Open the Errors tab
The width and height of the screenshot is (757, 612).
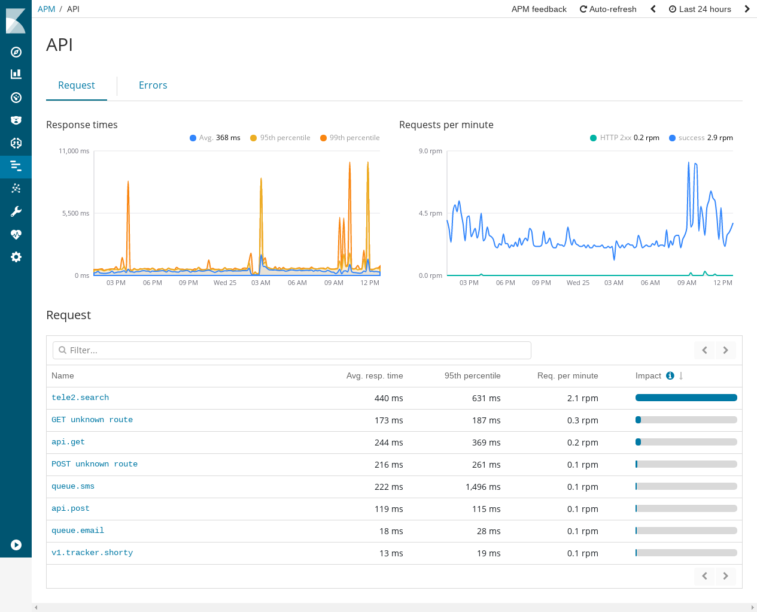click(x=153, y=85)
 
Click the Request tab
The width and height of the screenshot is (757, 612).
click(x=76, y=85)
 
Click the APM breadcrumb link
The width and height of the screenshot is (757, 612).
click(x=46, y=9)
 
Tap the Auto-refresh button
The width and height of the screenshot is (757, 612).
click(x=608, y=9)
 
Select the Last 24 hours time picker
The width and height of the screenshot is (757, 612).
click(x=700, y=9)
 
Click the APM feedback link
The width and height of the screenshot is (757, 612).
click(x=539, y=9)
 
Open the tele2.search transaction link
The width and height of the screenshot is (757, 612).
click(x=80, y=398)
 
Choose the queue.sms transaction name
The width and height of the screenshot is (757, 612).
click(x=73, y=486)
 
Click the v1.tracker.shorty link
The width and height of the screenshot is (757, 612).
click(x=92, y=553)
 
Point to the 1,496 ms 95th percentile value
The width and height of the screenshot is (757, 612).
click(x=483, y=487)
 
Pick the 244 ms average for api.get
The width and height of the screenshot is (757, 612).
click(x=388, y=443)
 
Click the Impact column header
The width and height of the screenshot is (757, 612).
click(x=648, y=375)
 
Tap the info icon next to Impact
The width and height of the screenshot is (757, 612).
click(x=670, y=375)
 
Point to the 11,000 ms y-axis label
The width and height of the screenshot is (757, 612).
click(x=74, y=151)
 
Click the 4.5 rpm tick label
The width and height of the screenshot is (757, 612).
click(x=430, y=213)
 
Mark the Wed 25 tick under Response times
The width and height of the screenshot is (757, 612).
click(x=224, y=283)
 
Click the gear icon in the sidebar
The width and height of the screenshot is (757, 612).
click(x=16, y=257)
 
